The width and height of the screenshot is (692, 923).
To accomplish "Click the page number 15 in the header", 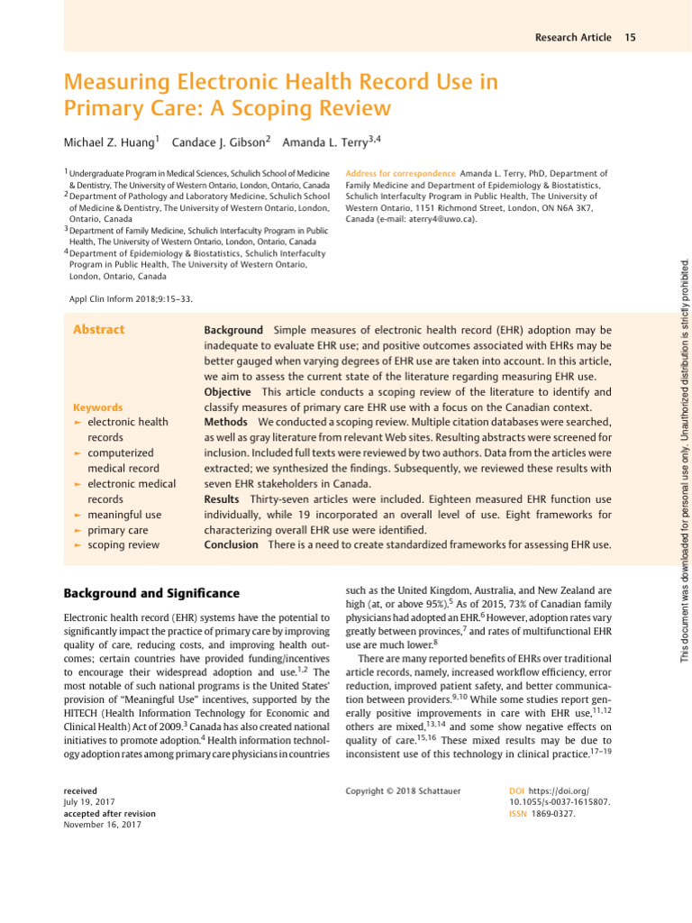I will (630, 37).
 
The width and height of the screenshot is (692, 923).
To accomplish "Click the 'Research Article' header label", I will (572, 37).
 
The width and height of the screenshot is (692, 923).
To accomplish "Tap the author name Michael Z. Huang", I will (109, 142).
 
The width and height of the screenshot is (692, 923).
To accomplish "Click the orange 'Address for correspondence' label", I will (400, 173).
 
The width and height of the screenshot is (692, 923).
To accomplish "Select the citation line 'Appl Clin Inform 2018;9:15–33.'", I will (131, 298).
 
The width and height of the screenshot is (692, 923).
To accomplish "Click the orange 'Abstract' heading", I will (98, 330).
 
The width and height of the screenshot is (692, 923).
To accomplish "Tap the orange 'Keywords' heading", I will (97, 407).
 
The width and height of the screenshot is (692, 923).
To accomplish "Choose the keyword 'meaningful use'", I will (124, 515).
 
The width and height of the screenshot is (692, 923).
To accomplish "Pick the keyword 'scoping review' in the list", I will (123, 545).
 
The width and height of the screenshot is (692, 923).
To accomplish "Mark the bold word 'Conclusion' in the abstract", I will (231, 545).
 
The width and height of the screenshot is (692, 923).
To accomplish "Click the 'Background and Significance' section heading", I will (151, 593).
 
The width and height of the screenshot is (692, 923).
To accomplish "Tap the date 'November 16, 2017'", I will (102, 825).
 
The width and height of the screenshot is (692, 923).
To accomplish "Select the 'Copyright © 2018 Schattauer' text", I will (403, 790).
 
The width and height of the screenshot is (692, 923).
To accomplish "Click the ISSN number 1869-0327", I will (554, 813).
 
